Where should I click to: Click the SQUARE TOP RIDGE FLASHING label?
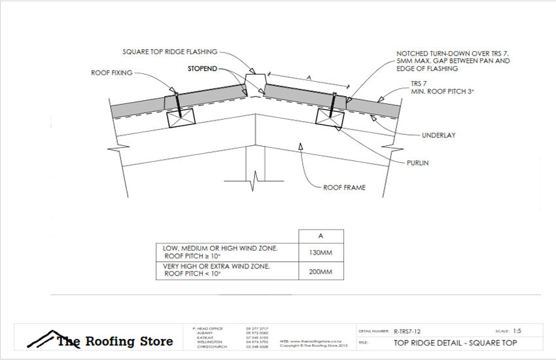tap(169, 52)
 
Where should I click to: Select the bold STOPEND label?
tap(201, 69)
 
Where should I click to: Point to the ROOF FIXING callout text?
tap(111, 73)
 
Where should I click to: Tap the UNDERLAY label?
tap(439, 135)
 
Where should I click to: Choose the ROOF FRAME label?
tap(344, 187)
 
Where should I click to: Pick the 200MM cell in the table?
tap(321, 271)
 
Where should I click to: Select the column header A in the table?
tap(321, 236)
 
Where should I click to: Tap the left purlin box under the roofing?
tap(181, 118)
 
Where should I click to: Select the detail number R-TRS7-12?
tap(411, 332)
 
